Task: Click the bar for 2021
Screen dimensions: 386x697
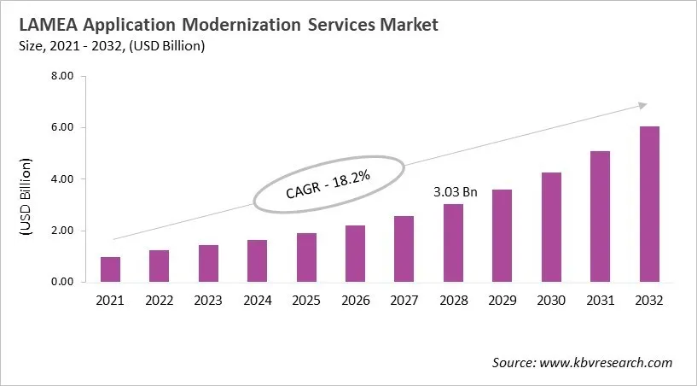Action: pyautogui.click(x=110, y=269)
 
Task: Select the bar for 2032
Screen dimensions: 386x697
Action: pyautogui.click(x=648, y=204)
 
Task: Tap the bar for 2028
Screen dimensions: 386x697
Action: pyautogui.click(x=453, y=243)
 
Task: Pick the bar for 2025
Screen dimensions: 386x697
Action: pyautogui.click(x=306, y=257)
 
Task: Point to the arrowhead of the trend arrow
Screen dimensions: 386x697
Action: pyautogui.click(x=642, y=106)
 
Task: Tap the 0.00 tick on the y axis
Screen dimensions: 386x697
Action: pyautogui.click(x=64, y=282)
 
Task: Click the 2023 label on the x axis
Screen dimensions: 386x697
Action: pyautogui.click(x=208, y=301)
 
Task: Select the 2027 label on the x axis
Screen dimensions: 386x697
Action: pyautogui.click(x=404, y=301)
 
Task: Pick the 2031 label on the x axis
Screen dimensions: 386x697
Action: pyautogui.click(x=600, y=301)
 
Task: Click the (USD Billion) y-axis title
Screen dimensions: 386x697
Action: pyautogui.click(x=25, y=196)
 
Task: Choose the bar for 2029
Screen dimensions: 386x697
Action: pyautogui.click(x=502, y=236)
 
